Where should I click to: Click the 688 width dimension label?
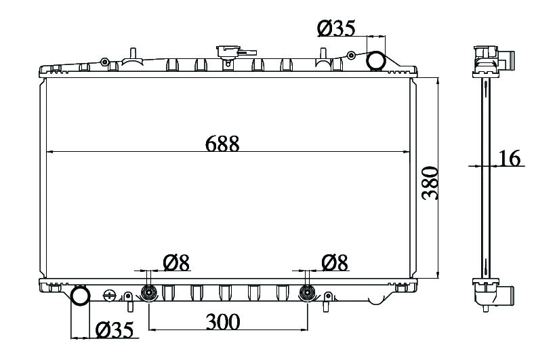click(x=222, y=144)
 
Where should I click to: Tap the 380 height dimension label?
click(x=430, y=183)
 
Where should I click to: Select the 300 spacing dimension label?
click(x=223, y=322)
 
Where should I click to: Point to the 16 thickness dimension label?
click(x=510, y=158)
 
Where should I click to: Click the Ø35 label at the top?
click(x=336, y=28)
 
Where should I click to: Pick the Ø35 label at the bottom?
click(x=114, y=330)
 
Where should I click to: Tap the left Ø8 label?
click(x=176, y=263)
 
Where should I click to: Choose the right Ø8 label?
click(x=335, y=263)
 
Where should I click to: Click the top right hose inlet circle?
click(x=376, y=60)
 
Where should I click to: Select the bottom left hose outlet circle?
click(x=80, y=296)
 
